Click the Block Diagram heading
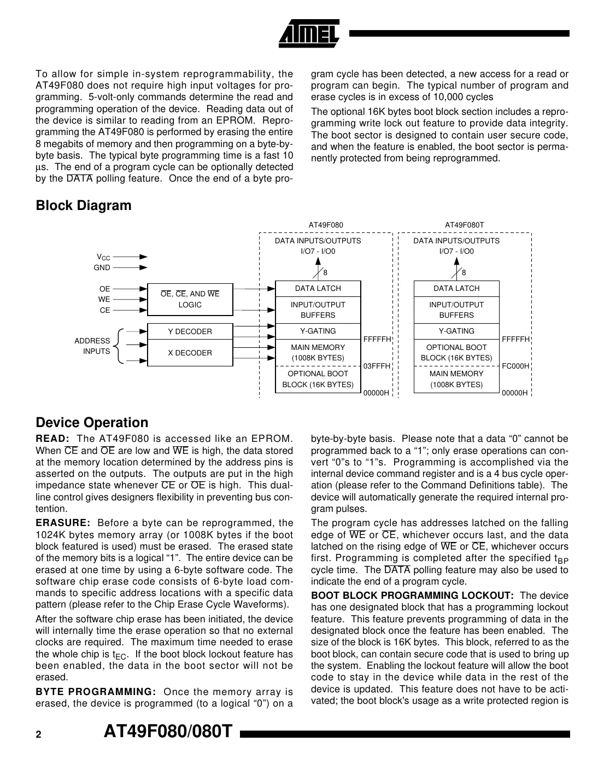(x=84, y=206)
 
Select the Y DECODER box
(x=190, y=331)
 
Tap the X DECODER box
(x=190, y=353)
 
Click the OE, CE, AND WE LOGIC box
(x=190, y=299)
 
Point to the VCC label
(x=103, y=256)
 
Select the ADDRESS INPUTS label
(x=92, y=346)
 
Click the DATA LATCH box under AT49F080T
(x=456, y=288)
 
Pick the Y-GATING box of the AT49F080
(x=318, y=331)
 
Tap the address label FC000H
(x=515, y=366)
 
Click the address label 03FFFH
(x=377, y=366)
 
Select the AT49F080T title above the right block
(x=464, y=225)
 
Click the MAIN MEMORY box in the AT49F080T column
(x=456, y=379)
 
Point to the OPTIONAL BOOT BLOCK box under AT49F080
(x=318, y=379)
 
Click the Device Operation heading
(x=92, y=422)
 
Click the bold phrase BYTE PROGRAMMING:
(x=96, y=692)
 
